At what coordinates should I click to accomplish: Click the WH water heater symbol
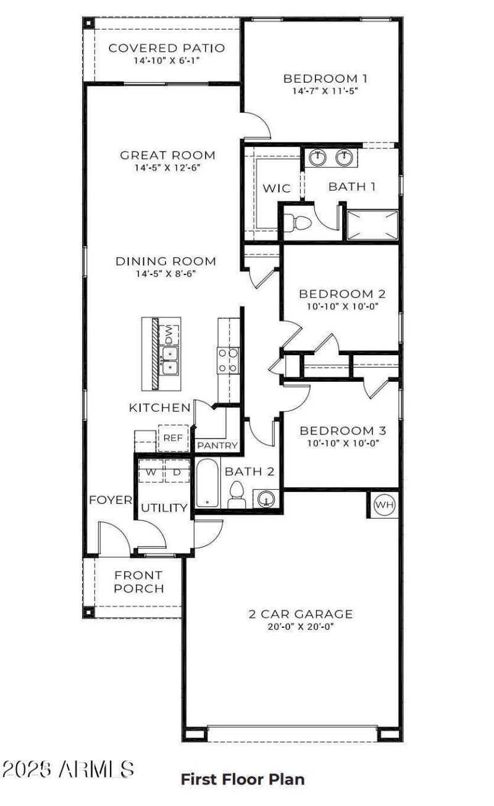tap(385, 505)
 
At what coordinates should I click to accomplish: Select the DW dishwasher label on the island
tap(169, 334)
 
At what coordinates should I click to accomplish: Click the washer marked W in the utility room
tap(150, 472)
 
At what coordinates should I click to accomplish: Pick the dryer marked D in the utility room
tap(177, 472)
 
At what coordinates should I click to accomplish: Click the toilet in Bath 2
tap(236, 494)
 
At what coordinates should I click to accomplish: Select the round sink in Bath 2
tap(266, 498)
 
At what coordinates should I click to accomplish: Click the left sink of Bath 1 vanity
tap(317, 158)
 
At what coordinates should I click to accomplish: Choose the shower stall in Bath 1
tap(372, 225)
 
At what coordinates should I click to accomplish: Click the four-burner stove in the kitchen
tap(227, 360)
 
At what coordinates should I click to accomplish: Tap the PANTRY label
tap(217, 445)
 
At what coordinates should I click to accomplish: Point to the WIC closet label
tap(277, 188)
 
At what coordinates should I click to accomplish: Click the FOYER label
tap(111, 500)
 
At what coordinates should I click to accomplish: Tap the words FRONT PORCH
tap(139, 582)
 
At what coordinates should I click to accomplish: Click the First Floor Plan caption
tap(242, 779)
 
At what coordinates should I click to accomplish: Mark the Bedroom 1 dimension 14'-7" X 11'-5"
tap(325, 91)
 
